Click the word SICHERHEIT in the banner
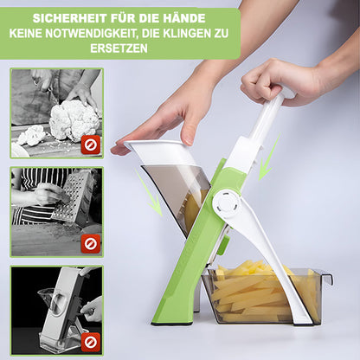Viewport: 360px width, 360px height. (70, 18)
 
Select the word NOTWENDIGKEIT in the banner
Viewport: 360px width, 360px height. (90, 34)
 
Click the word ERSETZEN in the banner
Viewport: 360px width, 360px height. (119, 48)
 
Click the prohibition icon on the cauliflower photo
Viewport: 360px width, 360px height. (91, 145)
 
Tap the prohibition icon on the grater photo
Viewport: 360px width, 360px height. (91, 244)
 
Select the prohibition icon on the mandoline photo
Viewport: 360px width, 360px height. (91, 342)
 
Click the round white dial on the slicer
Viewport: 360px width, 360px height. (227, 204)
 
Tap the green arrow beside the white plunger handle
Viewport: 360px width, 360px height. (269, 157)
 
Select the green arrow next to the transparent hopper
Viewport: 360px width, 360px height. (149, 192)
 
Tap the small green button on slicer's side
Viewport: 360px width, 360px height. (224, 245)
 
